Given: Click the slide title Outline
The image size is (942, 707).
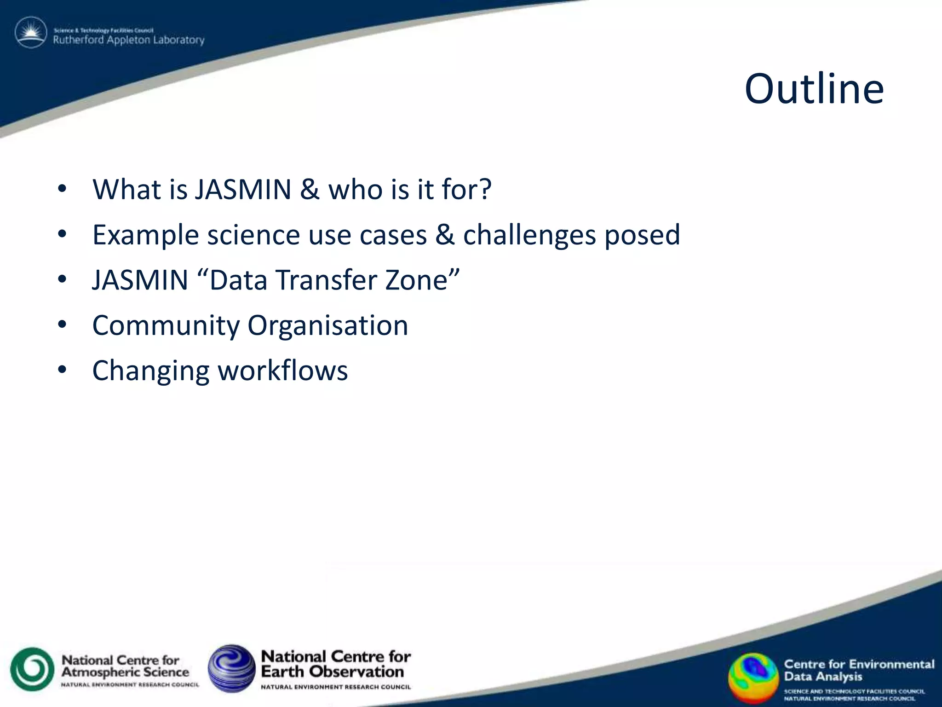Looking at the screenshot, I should [x=814, y=89].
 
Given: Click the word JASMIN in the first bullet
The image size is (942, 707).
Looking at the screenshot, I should [x=243, y=189].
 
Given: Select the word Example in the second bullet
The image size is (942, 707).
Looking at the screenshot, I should [x=145, y=235].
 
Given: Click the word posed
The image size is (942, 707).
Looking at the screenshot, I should [x=642, y=235].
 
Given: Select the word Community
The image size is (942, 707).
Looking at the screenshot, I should [x=166, y=326].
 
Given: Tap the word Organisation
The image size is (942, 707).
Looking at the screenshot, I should [x=327, y=326].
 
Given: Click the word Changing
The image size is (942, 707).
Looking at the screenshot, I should [x=151, y=371].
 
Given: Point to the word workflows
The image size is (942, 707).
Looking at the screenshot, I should [x=282, y=371].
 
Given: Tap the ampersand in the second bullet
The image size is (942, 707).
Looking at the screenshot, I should [x=445, y=235].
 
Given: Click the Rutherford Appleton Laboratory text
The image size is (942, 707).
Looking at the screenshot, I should [x=128, y=40].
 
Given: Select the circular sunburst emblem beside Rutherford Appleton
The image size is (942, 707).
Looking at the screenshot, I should [x=31, y=33].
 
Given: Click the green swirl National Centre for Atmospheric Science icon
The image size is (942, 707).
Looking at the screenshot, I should [x=32, y=669].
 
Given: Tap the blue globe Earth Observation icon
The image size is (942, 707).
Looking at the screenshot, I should [x=231, y=668].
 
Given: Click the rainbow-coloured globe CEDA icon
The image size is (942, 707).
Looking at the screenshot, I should [x=752, y=677].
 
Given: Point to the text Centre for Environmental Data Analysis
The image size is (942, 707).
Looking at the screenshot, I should [x=858, y=670].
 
